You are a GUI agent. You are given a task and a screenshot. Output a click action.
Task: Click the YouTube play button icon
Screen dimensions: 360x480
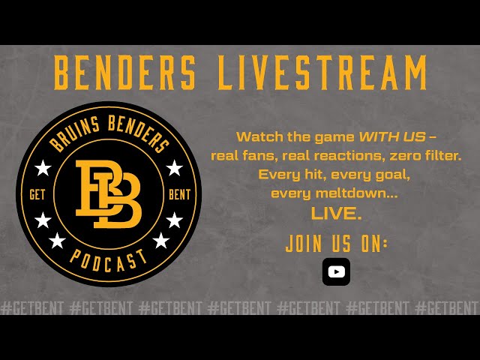coord(336,271)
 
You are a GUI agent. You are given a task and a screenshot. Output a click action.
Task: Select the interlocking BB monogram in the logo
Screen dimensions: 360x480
coord(109,193)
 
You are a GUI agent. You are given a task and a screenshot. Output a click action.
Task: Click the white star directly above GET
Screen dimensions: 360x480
coord(43,167)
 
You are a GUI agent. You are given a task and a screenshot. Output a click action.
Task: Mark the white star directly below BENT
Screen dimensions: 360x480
coord(174,220)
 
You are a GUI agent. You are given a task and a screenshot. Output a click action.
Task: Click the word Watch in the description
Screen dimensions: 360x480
coord(256,137)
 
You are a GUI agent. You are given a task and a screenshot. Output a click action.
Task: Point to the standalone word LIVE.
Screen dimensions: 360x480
coord(336,213)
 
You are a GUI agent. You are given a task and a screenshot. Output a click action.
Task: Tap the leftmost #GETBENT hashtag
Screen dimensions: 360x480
coord(32,308)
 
